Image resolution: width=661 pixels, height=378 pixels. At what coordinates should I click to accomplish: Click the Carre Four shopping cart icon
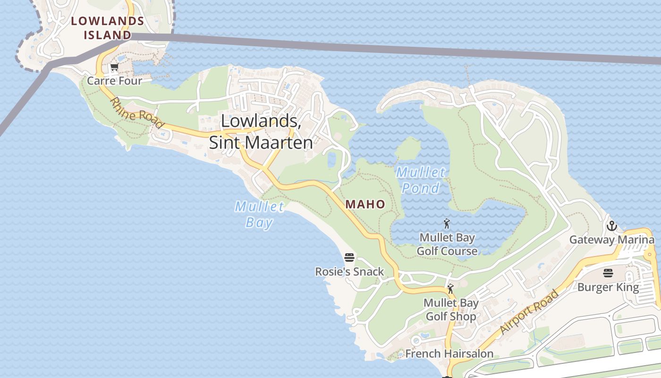coord(114,68)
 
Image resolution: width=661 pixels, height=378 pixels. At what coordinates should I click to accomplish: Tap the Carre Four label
coord(114,81)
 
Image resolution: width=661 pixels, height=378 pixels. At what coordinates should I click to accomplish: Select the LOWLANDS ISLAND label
coord(107,28)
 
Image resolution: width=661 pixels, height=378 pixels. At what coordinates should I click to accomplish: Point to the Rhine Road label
coord(137,113)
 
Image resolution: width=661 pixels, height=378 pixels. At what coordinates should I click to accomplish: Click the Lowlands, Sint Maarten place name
coord(261,132)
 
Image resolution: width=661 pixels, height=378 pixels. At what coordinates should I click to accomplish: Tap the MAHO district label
coord(365,204)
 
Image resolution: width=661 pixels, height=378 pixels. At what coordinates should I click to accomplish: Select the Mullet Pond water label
coord(420,180)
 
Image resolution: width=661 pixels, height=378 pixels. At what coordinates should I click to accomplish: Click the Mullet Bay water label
coord(260,214)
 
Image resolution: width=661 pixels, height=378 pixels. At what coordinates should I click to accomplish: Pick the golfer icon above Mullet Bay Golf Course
coord(447,223)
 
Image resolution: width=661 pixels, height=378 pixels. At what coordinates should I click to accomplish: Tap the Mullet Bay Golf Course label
coord(447,244)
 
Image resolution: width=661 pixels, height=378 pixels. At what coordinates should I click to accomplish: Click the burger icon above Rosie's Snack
coord(349,258)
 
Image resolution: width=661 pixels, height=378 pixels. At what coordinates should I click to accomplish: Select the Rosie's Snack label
coord(349,272)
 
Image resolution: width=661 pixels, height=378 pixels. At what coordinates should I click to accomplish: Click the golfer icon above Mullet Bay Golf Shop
coord(450,289)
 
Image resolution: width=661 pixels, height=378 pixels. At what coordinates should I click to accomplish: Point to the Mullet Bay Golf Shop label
coord(451,309)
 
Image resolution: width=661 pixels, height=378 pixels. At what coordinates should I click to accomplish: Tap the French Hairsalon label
coord(449,353)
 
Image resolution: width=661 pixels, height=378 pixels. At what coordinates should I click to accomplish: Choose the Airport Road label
coord(529,312)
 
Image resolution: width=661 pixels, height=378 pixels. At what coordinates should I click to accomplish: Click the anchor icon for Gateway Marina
coord(612,226)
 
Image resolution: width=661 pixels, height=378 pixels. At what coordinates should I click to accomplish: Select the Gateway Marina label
coord(612,240)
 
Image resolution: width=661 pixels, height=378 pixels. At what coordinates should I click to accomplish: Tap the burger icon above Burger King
coord(608,273)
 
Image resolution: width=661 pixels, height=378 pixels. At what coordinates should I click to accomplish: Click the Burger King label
coord(608,287)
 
